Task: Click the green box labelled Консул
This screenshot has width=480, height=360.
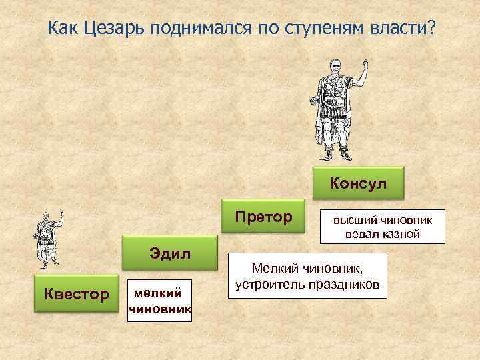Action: (x=358, y=183)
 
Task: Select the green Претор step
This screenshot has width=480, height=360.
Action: (x=263, y=217)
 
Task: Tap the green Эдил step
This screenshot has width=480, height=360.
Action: (x=170, y=253)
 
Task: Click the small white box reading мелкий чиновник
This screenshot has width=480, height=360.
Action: (x=159, y=301)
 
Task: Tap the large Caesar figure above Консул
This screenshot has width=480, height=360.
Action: (x=337, y=110)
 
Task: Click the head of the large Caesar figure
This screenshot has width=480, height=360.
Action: (x=334, y=67)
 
